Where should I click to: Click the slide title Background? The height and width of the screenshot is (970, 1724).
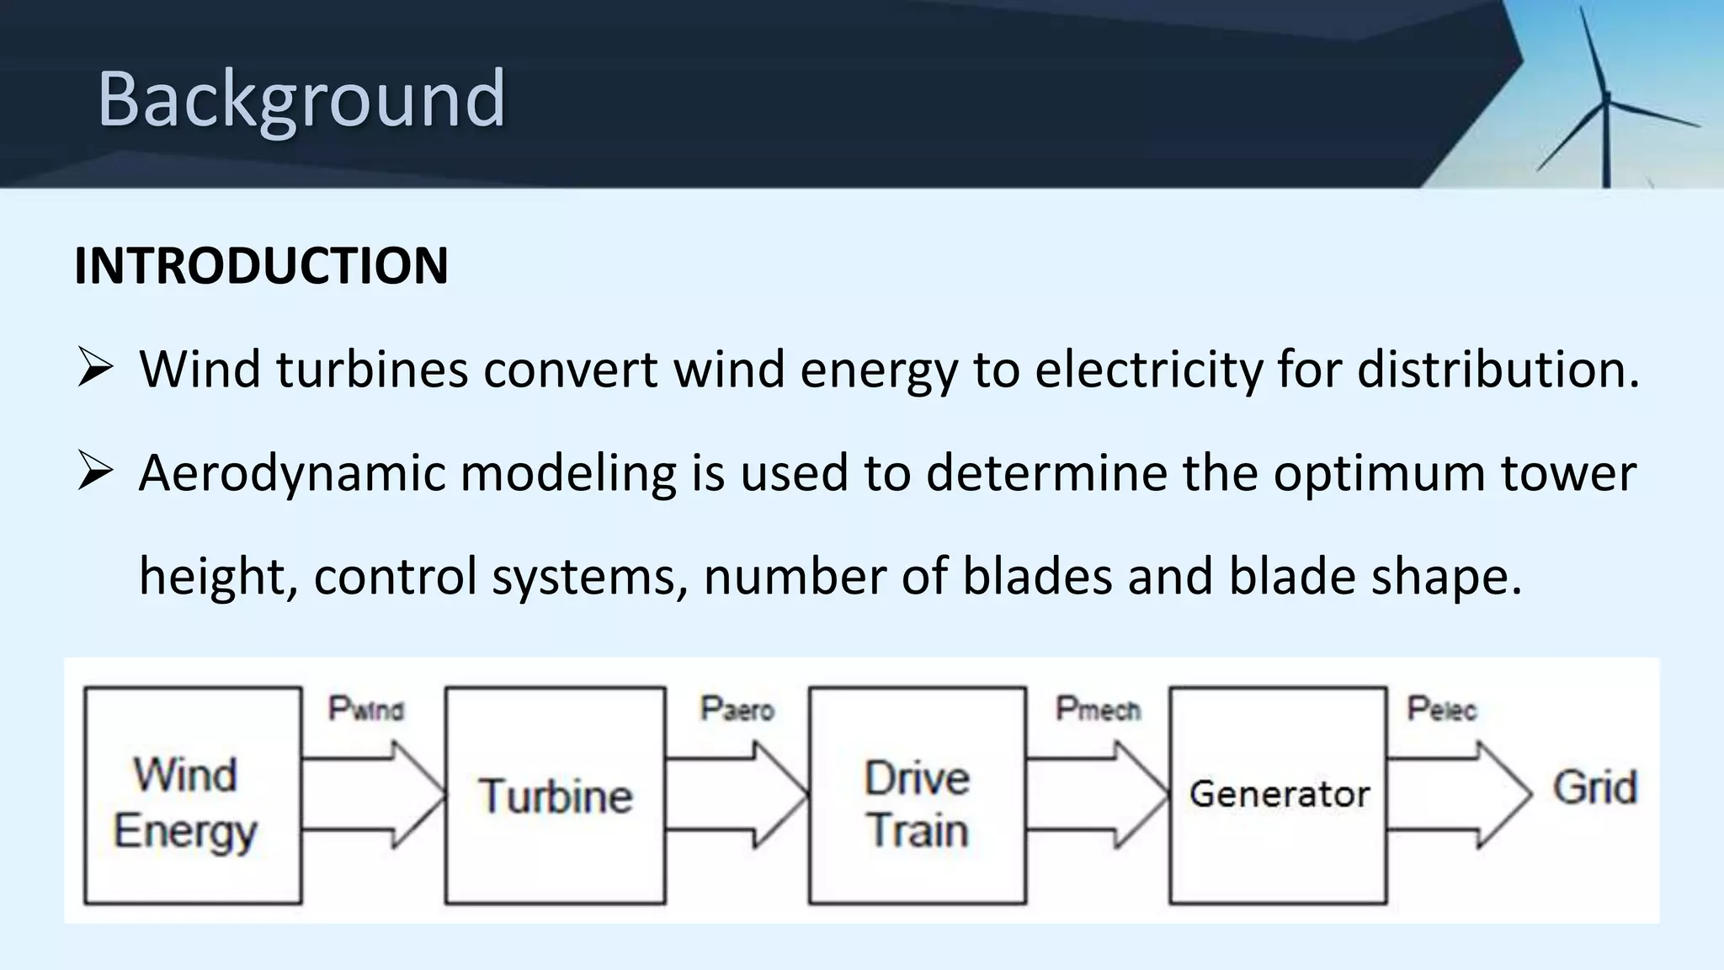(x=301, y=99)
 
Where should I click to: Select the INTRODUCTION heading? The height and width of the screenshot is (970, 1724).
(x=261, y=266)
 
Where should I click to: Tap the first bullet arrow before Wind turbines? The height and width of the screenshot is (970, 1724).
(x=94, y=370)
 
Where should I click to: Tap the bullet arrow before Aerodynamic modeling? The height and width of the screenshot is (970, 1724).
(x=94, y=472)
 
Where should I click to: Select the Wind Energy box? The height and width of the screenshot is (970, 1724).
(x=193, y=796)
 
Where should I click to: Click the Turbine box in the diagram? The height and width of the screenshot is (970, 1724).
(x=555, y=796)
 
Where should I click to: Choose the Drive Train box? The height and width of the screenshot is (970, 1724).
(x=917, y=796)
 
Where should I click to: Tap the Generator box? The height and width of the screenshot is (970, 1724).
(x=1278, y=796)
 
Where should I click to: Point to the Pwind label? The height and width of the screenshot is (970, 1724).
(x=365, y=709)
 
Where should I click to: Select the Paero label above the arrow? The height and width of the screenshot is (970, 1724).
(x=737, y=709)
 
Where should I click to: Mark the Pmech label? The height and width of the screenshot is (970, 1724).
(x=1098, y=709)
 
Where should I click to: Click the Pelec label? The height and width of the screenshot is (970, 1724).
(x=1441, y=709)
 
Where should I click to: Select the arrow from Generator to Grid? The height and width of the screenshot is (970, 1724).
(x=1456, y=794)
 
